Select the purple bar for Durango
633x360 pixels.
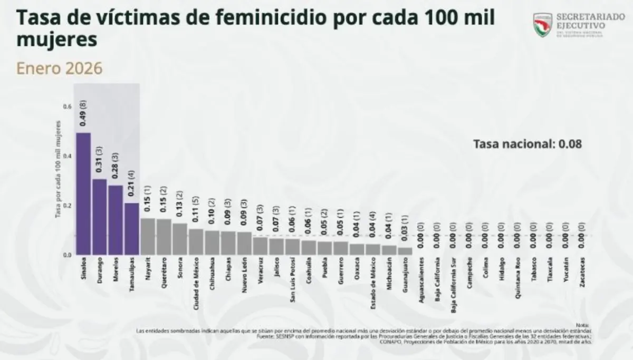click(100, 217)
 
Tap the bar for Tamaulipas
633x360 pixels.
click(132, 229)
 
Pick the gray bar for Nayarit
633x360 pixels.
click(148, 237)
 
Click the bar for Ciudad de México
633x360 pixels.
click(196, 242)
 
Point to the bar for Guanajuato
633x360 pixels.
click(405, 251)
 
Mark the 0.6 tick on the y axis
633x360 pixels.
click(67, 106)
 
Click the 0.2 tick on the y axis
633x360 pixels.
click(67, 206)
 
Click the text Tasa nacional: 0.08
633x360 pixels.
click(527, 143)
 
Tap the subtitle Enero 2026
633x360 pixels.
click(59, 69)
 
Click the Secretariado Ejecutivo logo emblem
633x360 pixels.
click(542, 25)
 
